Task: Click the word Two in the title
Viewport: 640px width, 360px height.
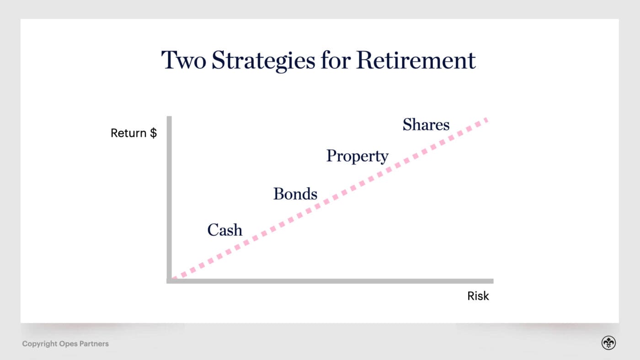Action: click(182, 60)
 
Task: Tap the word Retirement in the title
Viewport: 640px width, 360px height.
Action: click(416, 60)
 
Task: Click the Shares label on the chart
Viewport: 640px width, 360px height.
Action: click(426, 125)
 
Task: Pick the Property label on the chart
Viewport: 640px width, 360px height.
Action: click(357, 157)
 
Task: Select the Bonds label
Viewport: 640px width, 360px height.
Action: click(295, 194)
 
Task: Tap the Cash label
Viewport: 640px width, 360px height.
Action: click(224, 230)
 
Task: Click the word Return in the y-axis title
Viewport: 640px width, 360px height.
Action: click(128, 133)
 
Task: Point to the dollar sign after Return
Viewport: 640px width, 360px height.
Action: click(153, 133)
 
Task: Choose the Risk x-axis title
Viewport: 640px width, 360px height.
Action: click(478, 296)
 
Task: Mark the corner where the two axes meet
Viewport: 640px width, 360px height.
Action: click(169, 281)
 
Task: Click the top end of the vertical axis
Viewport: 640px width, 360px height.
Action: click(169, 118)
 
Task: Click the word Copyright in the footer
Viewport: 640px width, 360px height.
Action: click(39, 344)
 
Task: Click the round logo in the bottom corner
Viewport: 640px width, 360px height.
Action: click(608, 343)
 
